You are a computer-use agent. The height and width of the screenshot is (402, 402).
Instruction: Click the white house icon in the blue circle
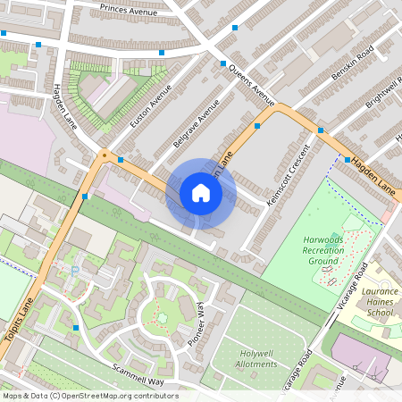[x=201, y=193]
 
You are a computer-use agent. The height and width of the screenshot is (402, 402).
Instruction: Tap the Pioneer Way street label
[x=200, y=329]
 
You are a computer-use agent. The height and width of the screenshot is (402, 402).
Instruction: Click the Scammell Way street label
[x=138, y=374]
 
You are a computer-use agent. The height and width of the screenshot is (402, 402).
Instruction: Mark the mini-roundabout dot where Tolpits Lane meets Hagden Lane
[x=104, y=155]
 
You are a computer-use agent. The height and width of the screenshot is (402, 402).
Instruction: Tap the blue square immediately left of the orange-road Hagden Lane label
[x=348, y=159]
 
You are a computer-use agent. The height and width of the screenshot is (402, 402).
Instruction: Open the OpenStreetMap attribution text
[x=89, y=396]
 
